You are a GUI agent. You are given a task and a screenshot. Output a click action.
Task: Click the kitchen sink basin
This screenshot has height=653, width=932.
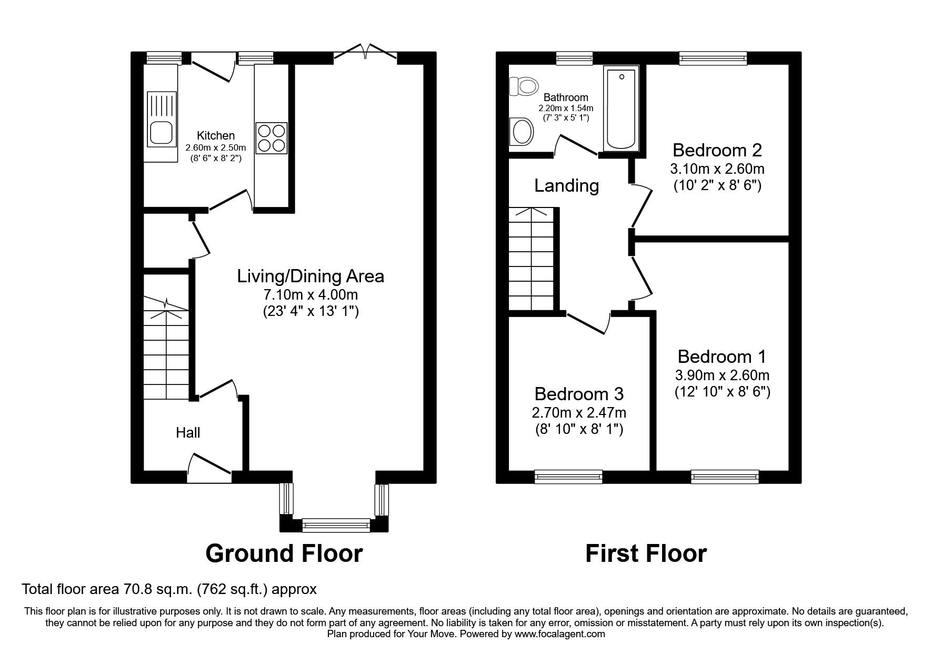click(161, 132)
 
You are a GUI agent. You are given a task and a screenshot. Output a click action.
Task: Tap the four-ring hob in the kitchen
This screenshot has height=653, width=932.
click(272, 137)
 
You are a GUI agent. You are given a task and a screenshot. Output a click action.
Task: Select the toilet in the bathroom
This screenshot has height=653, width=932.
click(524, 85)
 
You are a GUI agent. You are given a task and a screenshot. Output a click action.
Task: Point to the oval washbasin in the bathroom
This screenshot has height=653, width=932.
click(522, 131)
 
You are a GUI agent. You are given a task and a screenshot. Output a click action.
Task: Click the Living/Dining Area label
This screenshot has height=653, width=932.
click(310, 276)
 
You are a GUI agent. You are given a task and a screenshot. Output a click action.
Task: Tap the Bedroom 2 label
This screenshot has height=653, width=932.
click(717, 151)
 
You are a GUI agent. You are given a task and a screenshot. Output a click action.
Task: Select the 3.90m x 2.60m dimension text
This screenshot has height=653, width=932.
click(722, 375)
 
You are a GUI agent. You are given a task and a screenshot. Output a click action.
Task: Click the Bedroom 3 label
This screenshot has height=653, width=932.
click(579, 394)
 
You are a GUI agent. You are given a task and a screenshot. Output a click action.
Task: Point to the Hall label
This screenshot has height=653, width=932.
click(188, 433)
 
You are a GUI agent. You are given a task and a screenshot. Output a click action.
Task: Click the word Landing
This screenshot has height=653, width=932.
click(566, 186)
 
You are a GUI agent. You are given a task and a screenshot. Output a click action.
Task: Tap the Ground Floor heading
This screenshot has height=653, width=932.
click(284, 553)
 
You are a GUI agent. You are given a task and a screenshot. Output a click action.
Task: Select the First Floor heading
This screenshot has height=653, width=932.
click(646, 553)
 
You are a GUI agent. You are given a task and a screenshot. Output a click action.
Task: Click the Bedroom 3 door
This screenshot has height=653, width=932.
click(587, 323)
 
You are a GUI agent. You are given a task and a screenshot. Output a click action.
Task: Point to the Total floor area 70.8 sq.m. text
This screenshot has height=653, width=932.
click(169, 589)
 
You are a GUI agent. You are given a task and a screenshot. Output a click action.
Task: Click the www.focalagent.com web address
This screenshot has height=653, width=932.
click(559, 634)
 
